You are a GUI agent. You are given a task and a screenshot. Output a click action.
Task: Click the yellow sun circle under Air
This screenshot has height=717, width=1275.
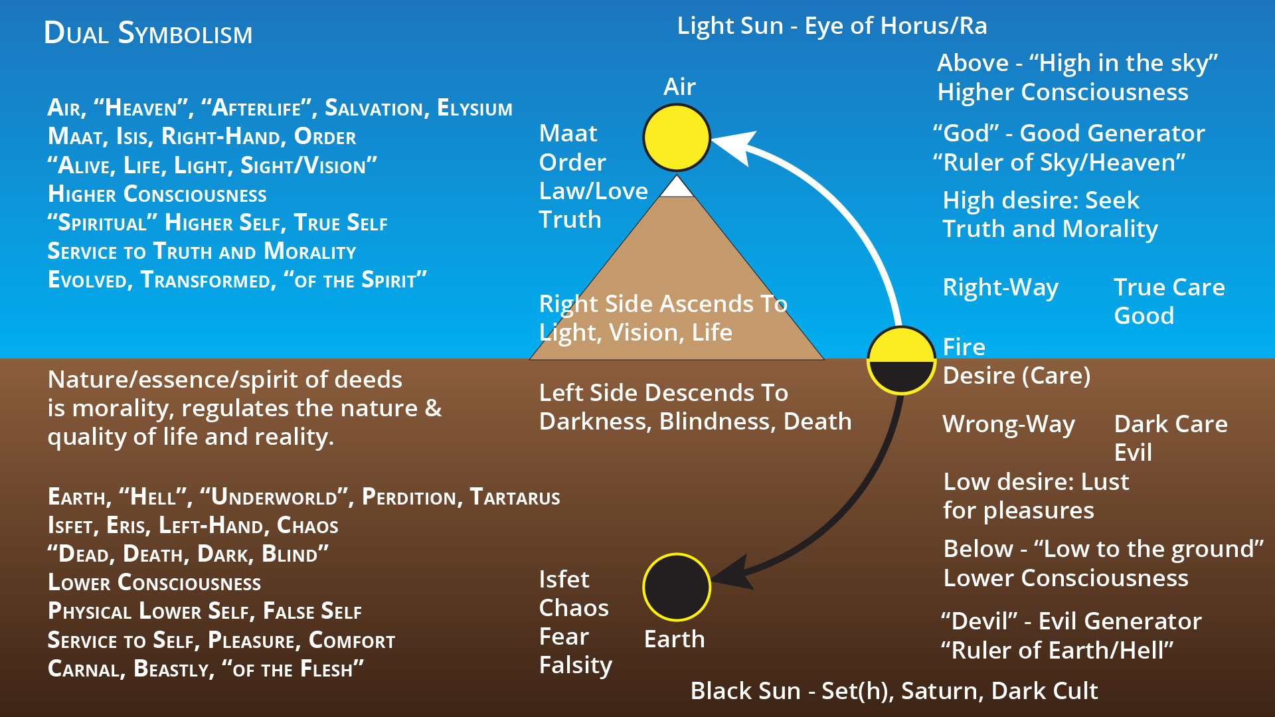(x=677, y=137)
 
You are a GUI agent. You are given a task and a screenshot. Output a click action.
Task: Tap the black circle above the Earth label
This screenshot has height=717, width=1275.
(x=677, y=588)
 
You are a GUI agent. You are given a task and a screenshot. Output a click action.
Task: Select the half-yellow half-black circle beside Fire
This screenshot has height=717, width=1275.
(x=901, y=360)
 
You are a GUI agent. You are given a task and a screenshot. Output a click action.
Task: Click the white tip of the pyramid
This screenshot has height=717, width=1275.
(x=677, y=188)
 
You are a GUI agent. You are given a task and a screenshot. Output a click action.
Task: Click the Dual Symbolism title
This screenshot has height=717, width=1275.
(x=148, y=33)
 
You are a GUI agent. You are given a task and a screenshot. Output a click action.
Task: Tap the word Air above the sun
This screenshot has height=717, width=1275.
(x=679, y=87)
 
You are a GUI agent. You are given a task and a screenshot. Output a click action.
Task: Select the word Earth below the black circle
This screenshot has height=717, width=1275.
(x=674, y=639)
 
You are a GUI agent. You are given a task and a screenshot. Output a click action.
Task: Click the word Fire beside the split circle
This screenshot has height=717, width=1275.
(x=964, y=347)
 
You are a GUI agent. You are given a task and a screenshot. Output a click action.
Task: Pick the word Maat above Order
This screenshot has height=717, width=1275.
(x=568, y=133)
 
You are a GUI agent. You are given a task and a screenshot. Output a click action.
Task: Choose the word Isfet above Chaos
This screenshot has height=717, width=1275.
(x=564, y=580)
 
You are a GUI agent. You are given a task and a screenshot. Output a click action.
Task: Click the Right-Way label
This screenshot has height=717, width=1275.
(x=1000, y=287)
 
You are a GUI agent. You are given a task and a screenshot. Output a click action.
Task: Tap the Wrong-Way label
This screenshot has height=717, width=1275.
(x=1008, y=424)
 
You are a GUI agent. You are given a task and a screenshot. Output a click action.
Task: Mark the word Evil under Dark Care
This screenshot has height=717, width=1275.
(x=1133, y=453)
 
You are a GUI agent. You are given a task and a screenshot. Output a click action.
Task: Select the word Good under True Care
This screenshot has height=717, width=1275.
(x=1144, y=316)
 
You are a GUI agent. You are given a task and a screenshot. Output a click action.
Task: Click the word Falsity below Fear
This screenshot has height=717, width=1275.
(x=575, y=665)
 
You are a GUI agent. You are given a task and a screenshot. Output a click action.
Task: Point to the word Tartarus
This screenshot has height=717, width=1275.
(x=515, y=497)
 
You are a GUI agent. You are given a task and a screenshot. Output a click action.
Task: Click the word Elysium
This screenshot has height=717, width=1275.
(x=474, y=108)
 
